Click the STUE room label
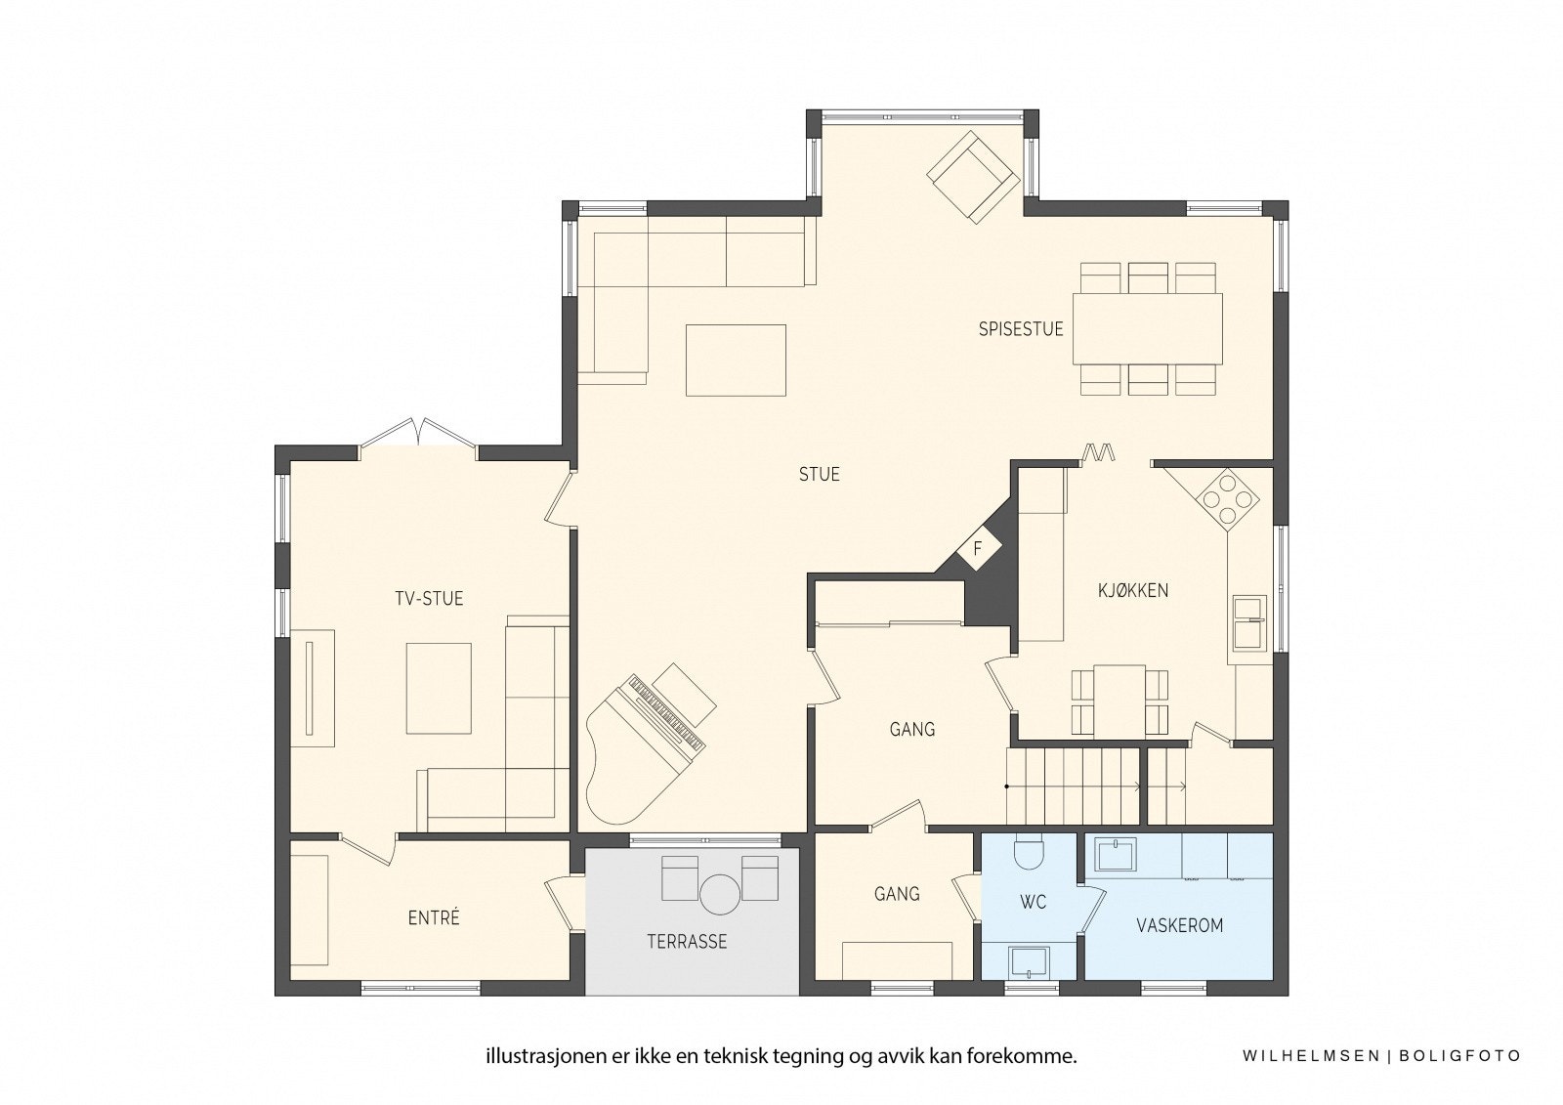819,475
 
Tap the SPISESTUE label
1021,329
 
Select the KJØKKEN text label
1133,590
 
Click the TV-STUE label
429,599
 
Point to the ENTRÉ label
433,918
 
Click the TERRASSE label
687,942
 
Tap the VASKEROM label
1179,925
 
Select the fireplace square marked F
977,549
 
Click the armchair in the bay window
973,177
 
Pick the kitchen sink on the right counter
1249,622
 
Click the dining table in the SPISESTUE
1148,328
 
